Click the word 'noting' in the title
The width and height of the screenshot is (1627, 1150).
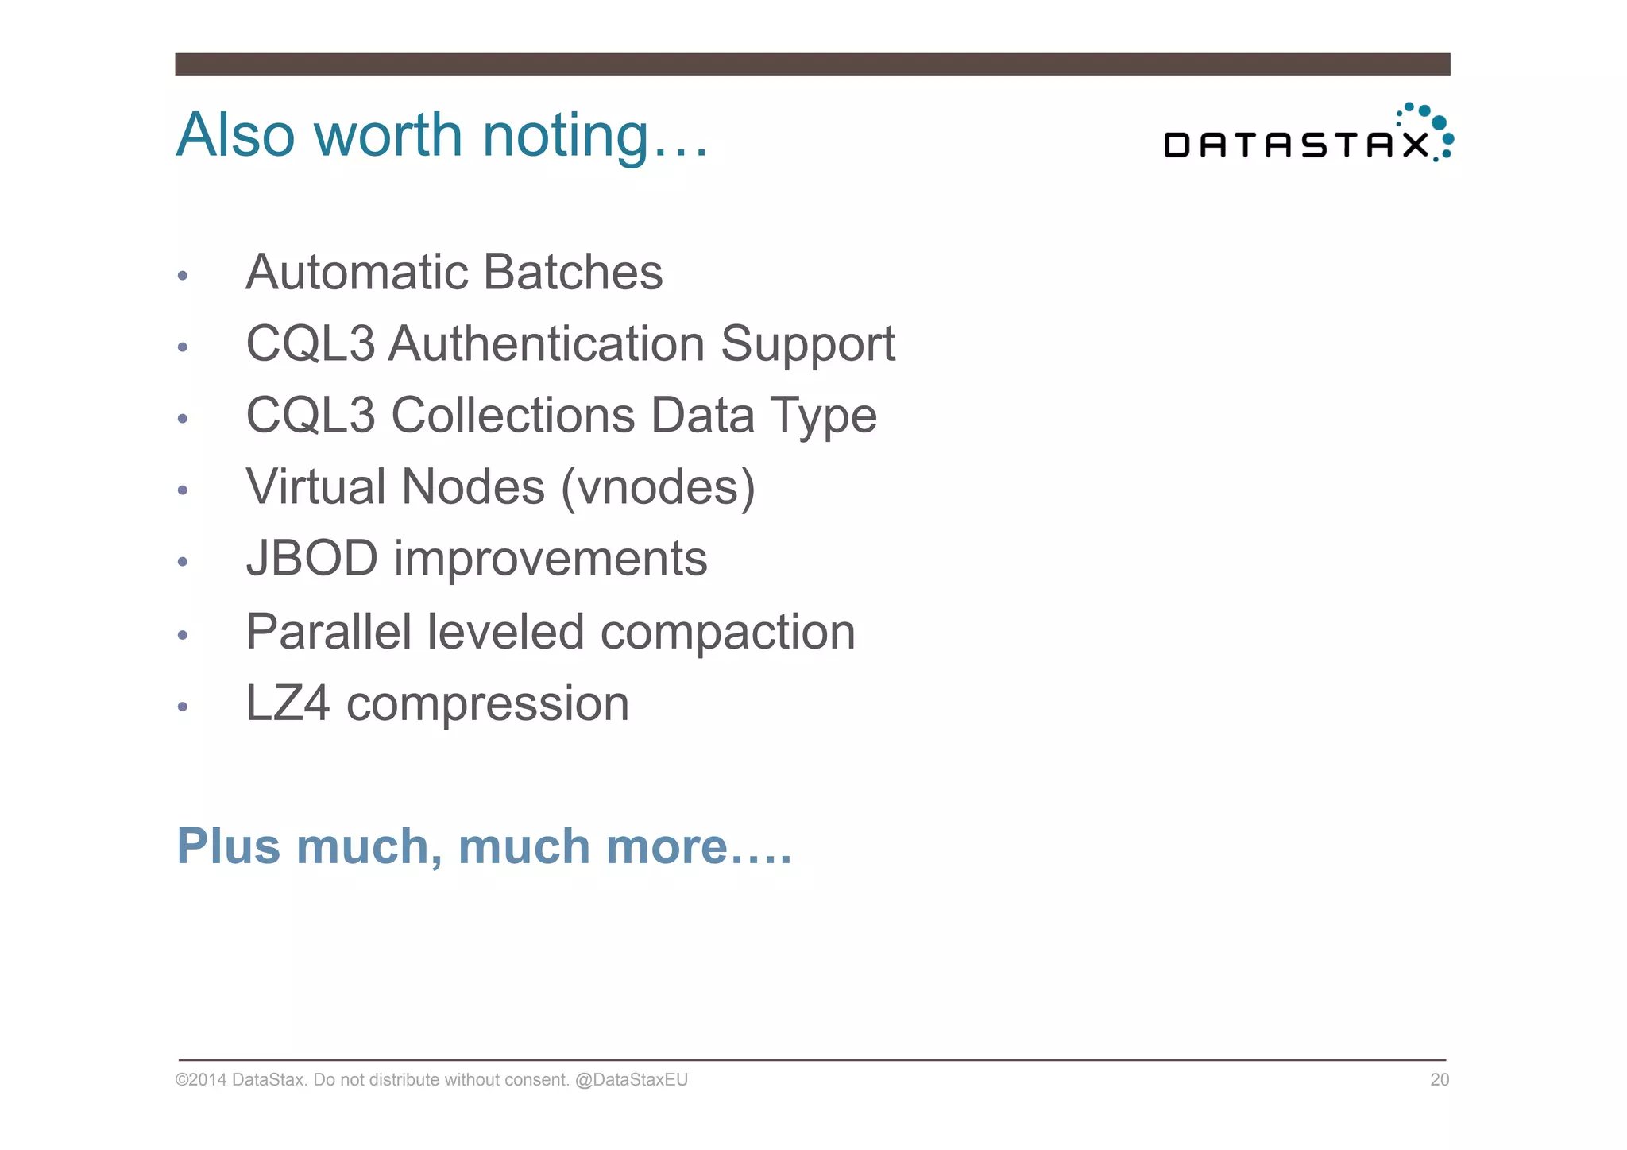[x=566, y=137]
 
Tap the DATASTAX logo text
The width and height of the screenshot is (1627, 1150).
[x=1295, y=145]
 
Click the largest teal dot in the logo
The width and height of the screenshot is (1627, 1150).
[x=1439, y=123]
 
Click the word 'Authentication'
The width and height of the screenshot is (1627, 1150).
[x=547, y=344]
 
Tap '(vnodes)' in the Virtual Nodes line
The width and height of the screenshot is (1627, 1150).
[x=658, y=487]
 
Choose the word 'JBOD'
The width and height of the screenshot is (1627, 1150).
[x=311, y=559]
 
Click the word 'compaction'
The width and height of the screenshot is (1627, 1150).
[x=727, y=633]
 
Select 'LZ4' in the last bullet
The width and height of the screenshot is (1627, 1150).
[x=287, y=704]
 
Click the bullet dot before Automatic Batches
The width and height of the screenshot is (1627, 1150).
[x=183, y=276]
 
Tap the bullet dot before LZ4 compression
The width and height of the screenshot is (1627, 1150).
[x=183, y=707]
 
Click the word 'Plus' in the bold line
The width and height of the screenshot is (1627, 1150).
[x=228, y=846]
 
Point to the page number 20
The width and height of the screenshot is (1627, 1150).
[x=1440, y=1080]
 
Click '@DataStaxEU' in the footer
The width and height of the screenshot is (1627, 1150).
[x=631, y=1080]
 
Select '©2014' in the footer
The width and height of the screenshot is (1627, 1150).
[x=200, y=1080]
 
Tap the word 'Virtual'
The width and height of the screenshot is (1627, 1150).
[x=315, y=487]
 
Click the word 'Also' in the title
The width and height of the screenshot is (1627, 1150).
[x=235, y=137]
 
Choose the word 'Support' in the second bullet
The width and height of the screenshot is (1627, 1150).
[x=807, y=346]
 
